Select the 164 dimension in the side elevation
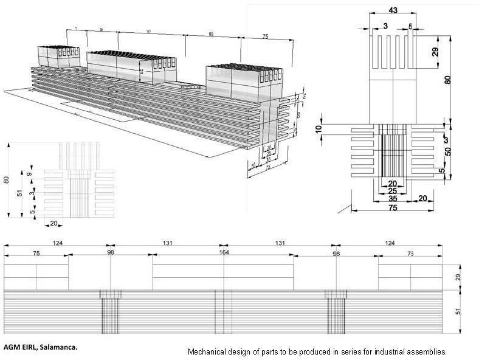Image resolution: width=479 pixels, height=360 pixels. tap(224, 253)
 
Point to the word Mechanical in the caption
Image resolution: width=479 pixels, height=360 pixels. tap(207, 351)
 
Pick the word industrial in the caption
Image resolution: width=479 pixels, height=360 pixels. tap(385, 351)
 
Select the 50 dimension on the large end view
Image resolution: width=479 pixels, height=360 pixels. tap(448, 150)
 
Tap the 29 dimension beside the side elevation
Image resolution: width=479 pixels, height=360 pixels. tap(459, 277)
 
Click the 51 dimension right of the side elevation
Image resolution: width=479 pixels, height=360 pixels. tap(459, 312)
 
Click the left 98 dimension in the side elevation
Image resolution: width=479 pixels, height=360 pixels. tap(111, 253)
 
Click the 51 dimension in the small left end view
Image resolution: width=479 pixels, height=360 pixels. tap(19, 193)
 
